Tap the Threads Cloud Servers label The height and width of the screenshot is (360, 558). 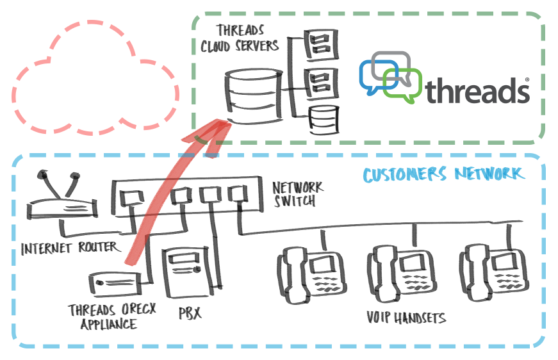click(238, 38)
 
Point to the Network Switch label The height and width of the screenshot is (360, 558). click(297, 193)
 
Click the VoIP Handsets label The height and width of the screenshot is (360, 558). click(406, 318)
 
